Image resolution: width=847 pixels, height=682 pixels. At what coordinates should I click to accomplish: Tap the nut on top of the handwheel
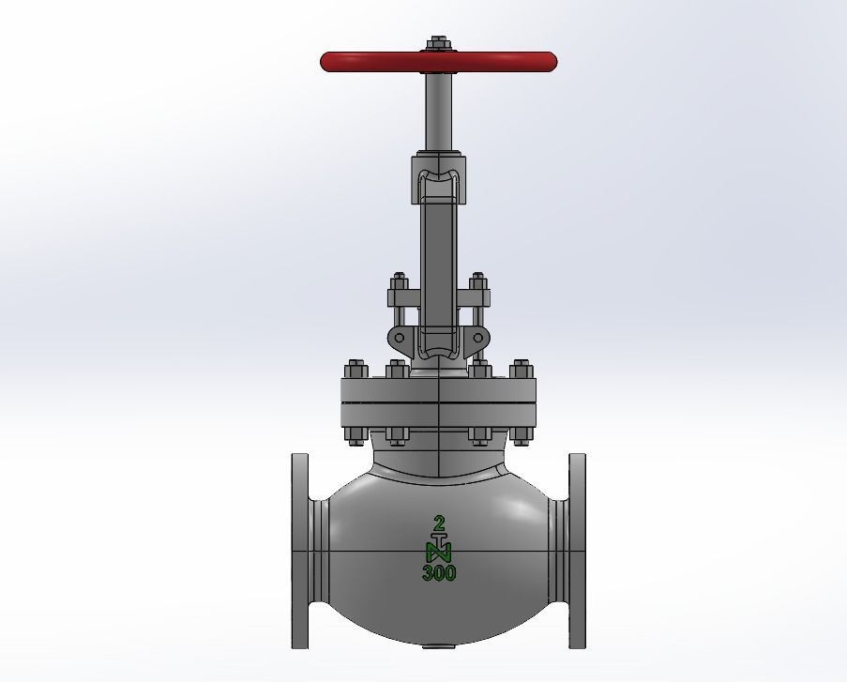(x=439, y=43)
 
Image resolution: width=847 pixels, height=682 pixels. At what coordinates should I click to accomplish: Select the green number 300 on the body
(x=439, y=572)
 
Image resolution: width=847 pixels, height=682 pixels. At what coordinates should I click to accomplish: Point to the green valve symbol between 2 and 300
(x=439, y=548)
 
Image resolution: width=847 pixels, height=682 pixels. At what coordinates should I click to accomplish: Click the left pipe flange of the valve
(x=300, y=551)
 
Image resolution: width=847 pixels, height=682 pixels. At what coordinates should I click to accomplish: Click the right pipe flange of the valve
(x=577, y=551)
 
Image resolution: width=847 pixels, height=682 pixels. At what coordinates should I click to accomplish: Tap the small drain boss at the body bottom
(x=438, y=645)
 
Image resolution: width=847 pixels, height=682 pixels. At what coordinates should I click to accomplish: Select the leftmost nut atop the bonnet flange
(x=355, y=368)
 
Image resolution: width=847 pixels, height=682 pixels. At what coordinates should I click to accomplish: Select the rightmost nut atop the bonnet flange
(x=522, y=368)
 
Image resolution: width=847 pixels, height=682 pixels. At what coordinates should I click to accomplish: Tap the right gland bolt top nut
(x=478, y=280)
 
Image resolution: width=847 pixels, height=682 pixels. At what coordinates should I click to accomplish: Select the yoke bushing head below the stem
(x=438, y=178)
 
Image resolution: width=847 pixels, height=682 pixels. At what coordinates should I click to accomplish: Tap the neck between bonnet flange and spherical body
(x=438, y=457)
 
